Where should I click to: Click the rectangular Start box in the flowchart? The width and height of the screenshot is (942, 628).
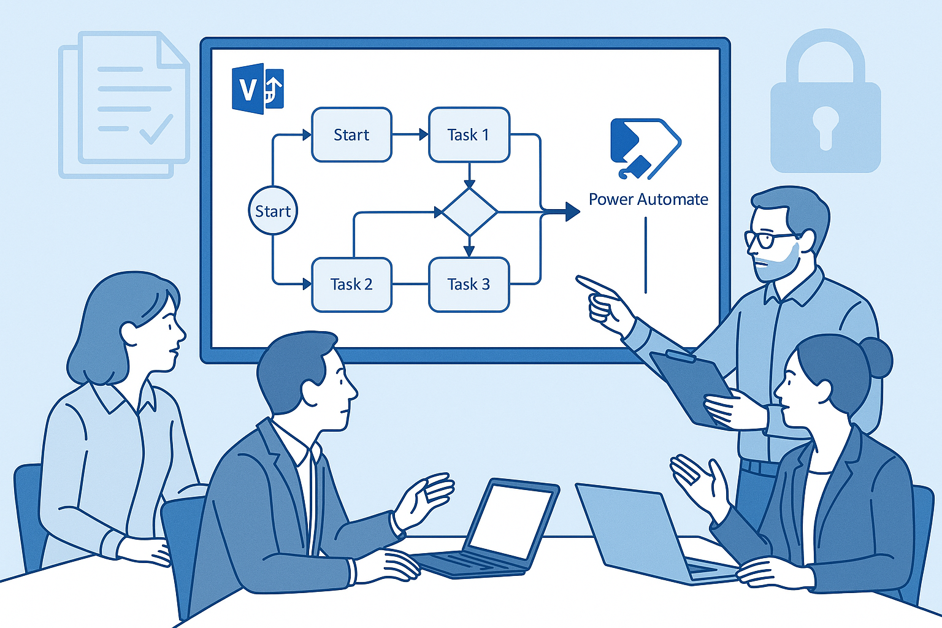pos(351,135)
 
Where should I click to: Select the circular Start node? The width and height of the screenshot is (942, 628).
pos(273,211)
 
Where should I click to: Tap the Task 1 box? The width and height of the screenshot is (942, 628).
pos(469,135)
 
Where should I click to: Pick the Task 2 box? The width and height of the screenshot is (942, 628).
pos(351,285)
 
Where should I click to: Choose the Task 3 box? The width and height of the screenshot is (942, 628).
pos(469,285)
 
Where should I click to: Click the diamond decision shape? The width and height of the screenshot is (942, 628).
pos(469,212)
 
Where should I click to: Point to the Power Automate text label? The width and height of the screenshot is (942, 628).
pos(648,199)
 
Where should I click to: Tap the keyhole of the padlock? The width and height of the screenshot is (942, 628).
pos(825,125)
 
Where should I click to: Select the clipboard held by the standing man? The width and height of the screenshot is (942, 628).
pos(691,386)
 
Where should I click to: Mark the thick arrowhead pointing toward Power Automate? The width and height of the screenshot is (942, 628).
pos(572,212)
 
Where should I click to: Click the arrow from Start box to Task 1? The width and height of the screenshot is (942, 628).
pos(410,135)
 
